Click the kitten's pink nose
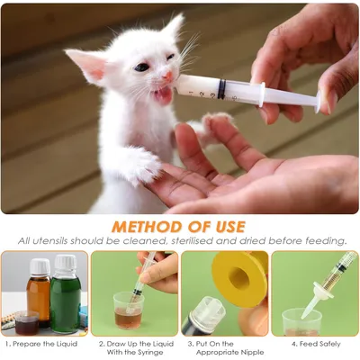point(167,76)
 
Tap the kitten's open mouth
point(163,94)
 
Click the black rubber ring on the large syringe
point(221,89)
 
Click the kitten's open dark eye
point(141,67)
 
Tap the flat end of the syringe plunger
point(318,102)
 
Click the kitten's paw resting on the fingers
point(143,165)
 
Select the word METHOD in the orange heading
point(146,227)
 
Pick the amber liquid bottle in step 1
point(39,292)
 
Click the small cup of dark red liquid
point(27,323)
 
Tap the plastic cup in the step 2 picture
point(129,310)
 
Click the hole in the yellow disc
point(239,278)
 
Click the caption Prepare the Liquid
point(45,344)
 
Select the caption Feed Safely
point(319,344)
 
